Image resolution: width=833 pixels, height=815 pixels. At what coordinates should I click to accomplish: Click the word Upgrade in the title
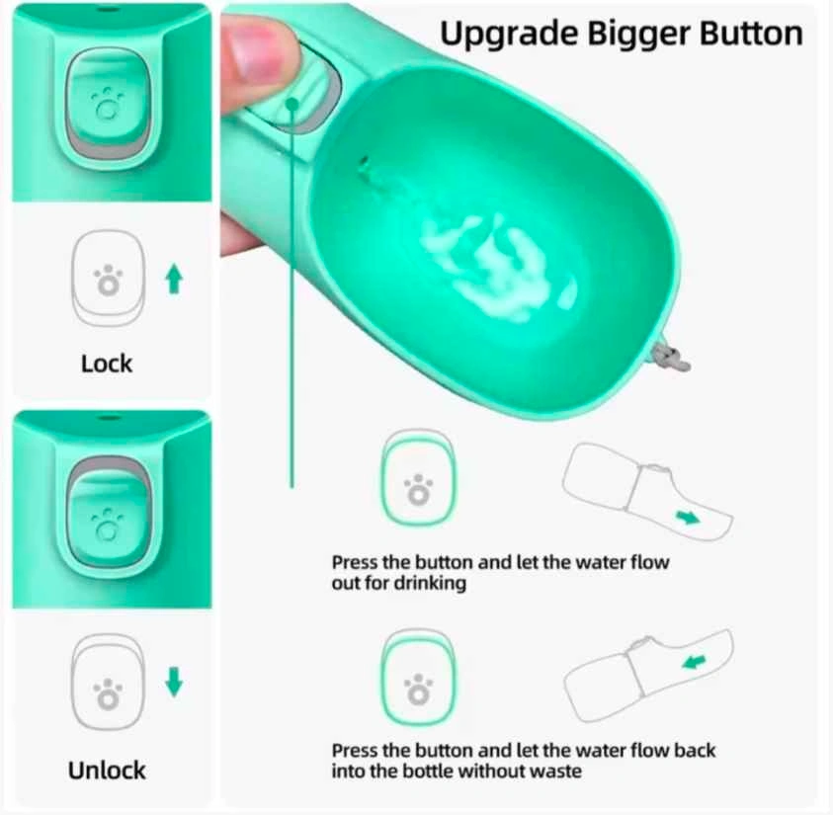[x=510, y=35]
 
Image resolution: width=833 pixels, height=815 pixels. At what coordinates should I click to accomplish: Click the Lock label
[x=107, y=364]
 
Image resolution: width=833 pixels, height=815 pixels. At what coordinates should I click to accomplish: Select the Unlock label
[x=107, y=771]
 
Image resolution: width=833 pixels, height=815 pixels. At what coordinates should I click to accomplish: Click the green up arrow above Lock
[x=174, y=280]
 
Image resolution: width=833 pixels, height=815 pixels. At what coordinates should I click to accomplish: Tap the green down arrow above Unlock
[x=174, y=683]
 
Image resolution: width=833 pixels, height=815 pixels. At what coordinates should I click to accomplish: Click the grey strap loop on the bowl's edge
[x=670, y=358]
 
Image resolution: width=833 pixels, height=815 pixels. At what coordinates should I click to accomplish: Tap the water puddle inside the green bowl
[x=498, y=267]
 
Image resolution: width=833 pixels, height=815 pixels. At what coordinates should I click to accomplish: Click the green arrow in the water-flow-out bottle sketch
[x=688, y=517]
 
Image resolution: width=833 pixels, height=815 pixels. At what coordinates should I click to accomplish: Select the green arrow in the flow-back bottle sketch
[x=695, y=662]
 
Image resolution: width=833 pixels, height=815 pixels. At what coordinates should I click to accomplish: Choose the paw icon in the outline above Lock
[x=108, y=280]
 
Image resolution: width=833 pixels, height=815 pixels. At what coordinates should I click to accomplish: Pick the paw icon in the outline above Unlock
[x=108, y=693]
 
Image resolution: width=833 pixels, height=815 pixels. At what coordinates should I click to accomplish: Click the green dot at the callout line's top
[x=292, y=104]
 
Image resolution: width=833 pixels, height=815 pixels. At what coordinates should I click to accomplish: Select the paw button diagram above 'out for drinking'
[x=419, y=477]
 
